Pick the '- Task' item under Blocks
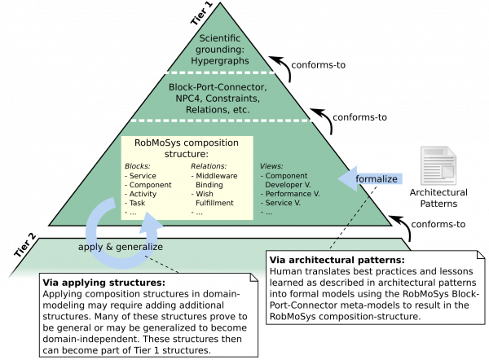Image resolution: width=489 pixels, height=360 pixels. pos(139,204)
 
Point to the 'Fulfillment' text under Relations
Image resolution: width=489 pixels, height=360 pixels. pos(215,204)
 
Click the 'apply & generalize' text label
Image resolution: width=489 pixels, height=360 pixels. pos(121,246)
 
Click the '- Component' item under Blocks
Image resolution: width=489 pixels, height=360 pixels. pos(148,184)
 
